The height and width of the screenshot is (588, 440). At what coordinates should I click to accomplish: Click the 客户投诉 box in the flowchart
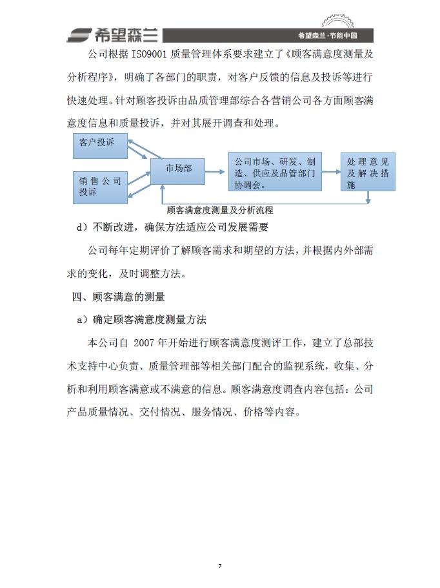(99, 145)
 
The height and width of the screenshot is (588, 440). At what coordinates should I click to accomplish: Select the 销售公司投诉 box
(99, 186)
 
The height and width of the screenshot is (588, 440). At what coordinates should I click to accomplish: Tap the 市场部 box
(178, 169)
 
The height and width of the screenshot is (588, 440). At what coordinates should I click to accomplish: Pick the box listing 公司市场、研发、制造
(275, 172)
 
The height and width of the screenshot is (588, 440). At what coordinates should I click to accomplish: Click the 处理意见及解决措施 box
(368, 173)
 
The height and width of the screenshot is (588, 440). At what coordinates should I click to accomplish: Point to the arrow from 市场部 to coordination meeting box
(217, 172)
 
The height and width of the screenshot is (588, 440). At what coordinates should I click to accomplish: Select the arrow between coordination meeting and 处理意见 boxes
(331, 172)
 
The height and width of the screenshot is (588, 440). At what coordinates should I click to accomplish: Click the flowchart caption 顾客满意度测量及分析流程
(219, 210)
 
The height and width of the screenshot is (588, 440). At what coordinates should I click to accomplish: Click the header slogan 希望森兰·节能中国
(327, 36)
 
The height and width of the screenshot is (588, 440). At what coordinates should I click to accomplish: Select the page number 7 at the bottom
(219, 566)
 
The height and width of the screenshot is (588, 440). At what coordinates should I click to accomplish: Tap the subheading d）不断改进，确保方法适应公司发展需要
(172, 227)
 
